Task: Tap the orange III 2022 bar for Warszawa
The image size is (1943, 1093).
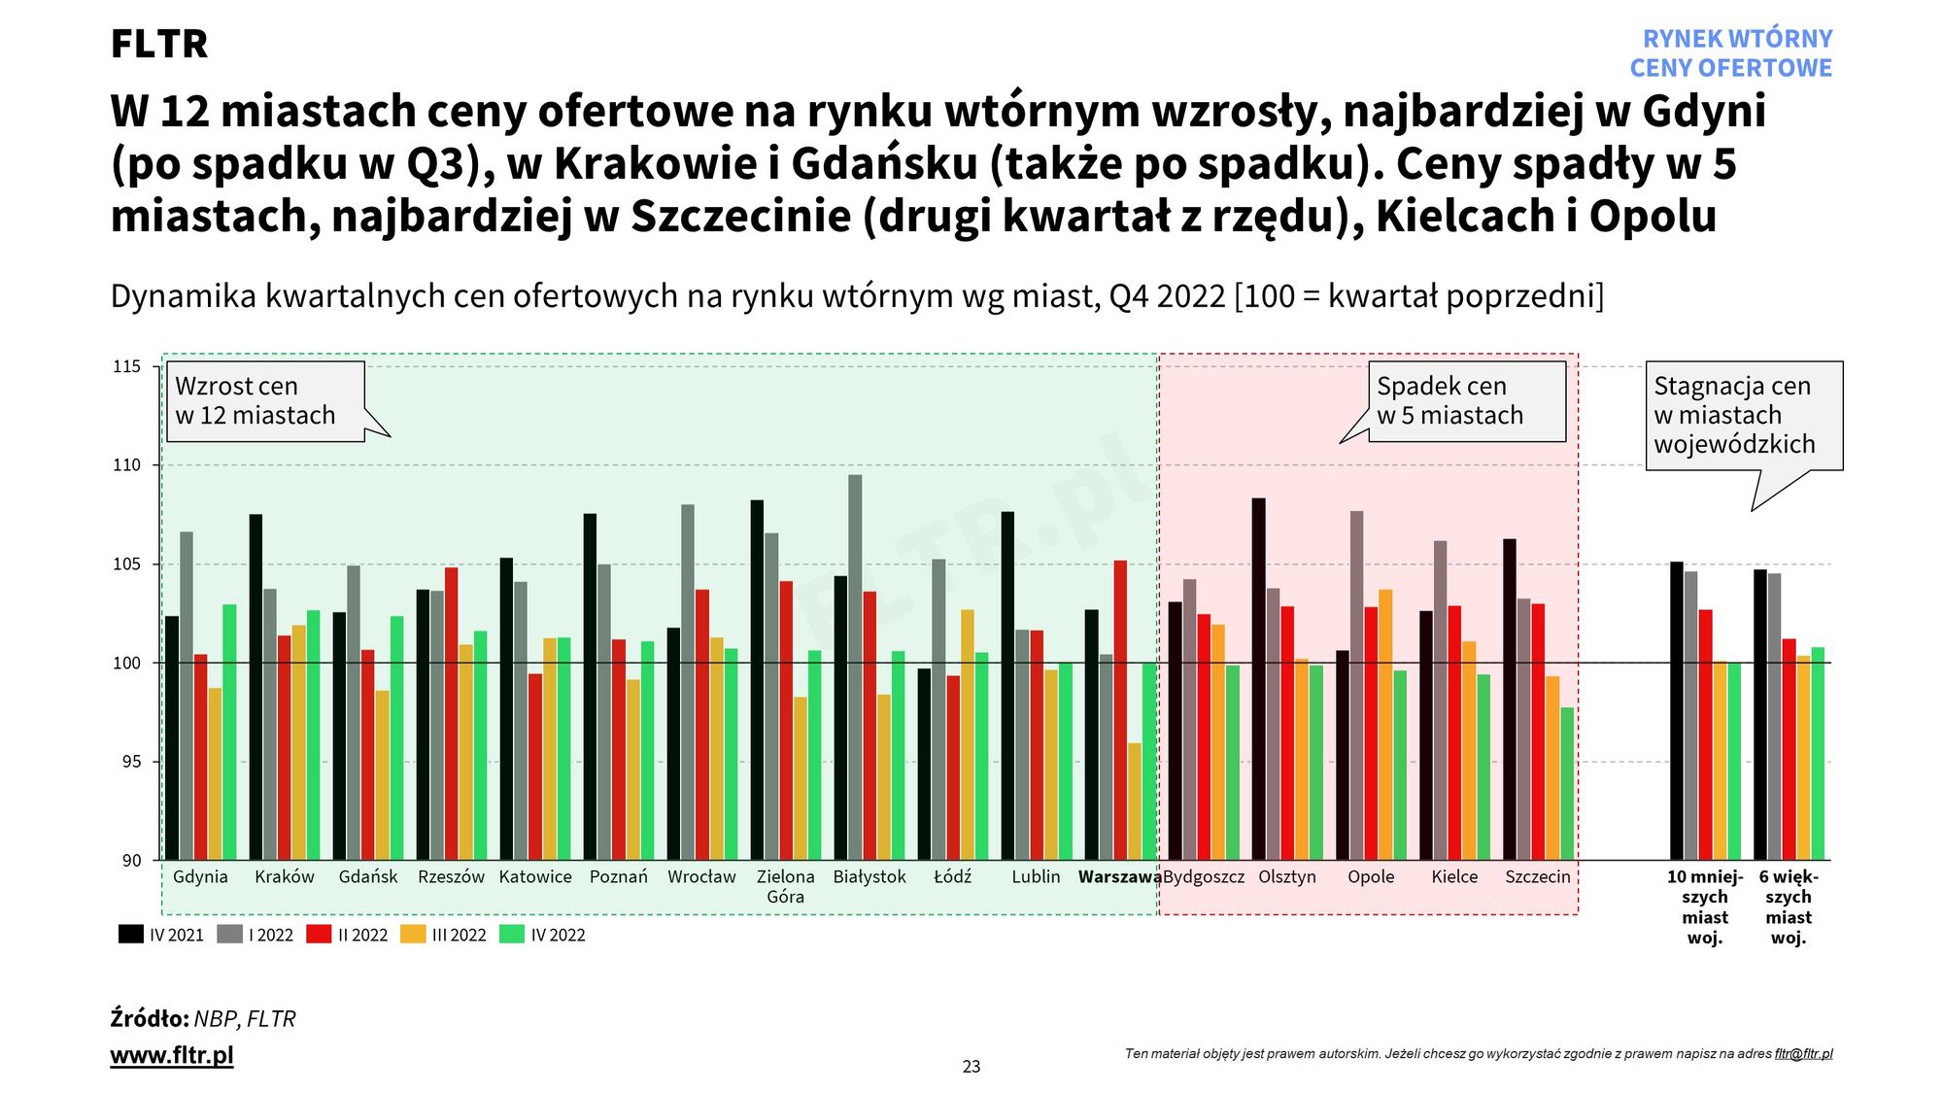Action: click(1135, 801)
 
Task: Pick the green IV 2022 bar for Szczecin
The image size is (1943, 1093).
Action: click(1567, 783)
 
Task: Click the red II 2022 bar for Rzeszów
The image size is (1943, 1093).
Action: click(452, 713)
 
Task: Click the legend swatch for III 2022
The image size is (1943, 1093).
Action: click(414, 935)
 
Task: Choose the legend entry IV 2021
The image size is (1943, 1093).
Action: click(161, 935)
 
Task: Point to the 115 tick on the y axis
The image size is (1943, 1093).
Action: click(127, 366)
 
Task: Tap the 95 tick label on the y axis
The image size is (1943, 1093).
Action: click(131, 762)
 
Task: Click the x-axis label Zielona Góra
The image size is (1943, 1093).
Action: click(785, 886)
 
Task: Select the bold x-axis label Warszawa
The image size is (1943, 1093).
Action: click(1119, 876)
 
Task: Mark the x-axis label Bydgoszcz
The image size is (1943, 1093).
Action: click(1204, 876)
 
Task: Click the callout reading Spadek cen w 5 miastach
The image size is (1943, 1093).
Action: click(1466, 401)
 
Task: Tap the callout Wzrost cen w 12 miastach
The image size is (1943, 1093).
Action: click(265, 401)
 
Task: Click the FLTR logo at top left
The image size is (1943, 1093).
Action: click(159, 44)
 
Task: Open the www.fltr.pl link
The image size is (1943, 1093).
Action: click(172, 1055)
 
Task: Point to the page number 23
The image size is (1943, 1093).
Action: click(971, 1067)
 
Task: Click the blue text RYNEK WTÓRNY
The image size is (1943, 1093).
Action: click(1737, 39)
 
